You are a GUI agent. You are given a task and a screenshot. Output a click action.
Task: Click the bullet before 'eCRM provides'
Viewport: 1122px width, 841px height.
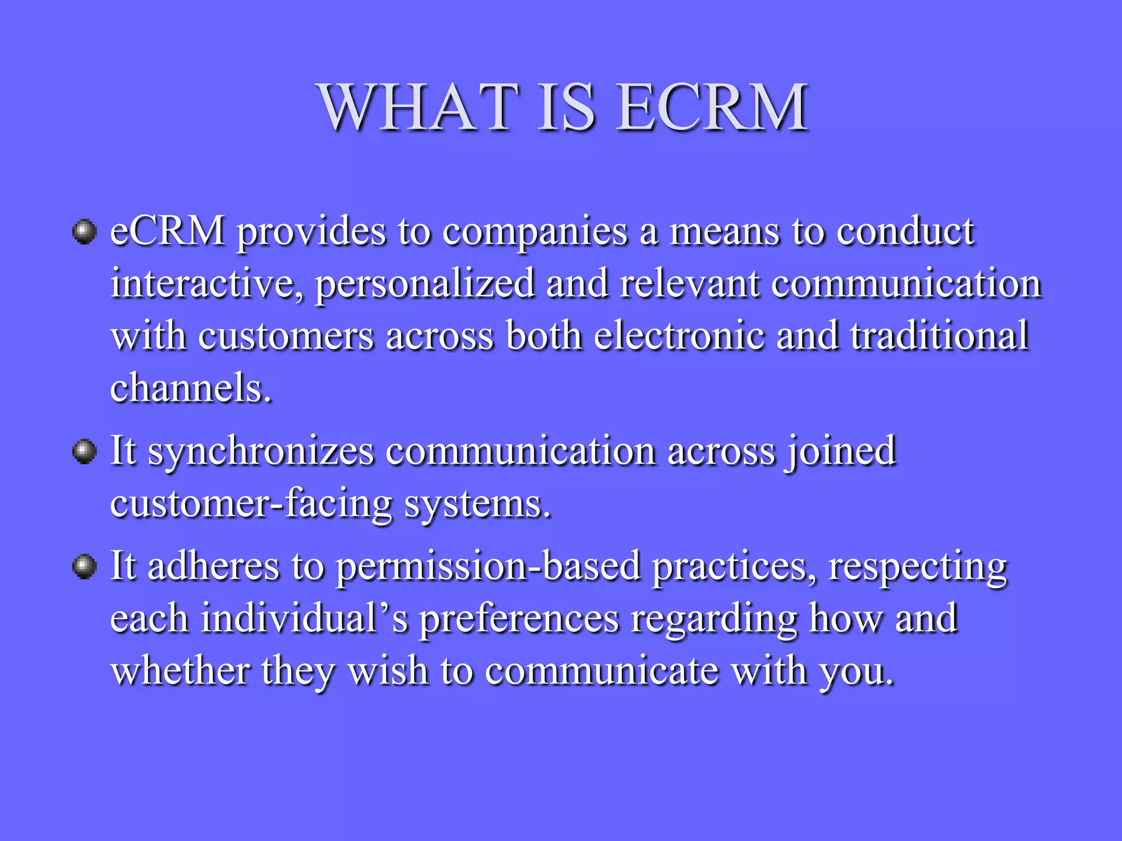(84, 232)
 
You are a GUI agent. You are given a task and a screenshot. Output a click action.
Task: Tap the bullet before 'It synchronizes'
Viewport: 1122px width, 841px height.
(84, 452)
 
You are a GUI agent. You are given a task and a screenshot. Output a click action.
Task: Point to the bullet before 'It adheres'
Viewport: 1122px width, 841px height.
(84, 566)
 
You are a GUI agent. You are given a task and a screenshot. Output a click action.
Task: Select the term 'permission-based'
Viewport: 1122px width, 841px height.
(488, 567)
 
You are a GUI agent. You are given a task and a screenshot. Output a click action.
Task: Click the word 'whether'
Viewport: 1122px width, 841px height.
(180, 671)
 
